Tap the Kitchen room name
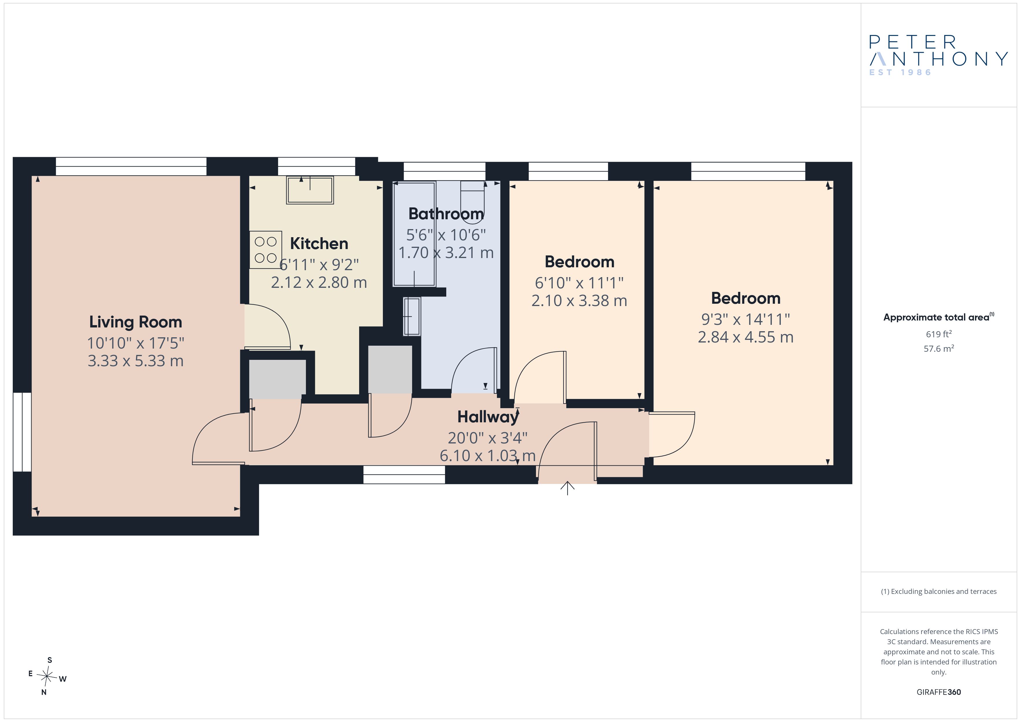point(319,244)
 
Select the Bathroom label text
point(446,214)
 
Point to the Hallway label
point(488,417)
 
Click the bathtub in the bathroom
point(414,234)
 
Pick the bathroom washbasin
point(412,316)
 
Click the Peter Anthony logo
point(938,56)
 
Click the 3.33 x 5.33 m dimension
point(136,360)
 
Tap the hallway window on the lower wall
point(404,474)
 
